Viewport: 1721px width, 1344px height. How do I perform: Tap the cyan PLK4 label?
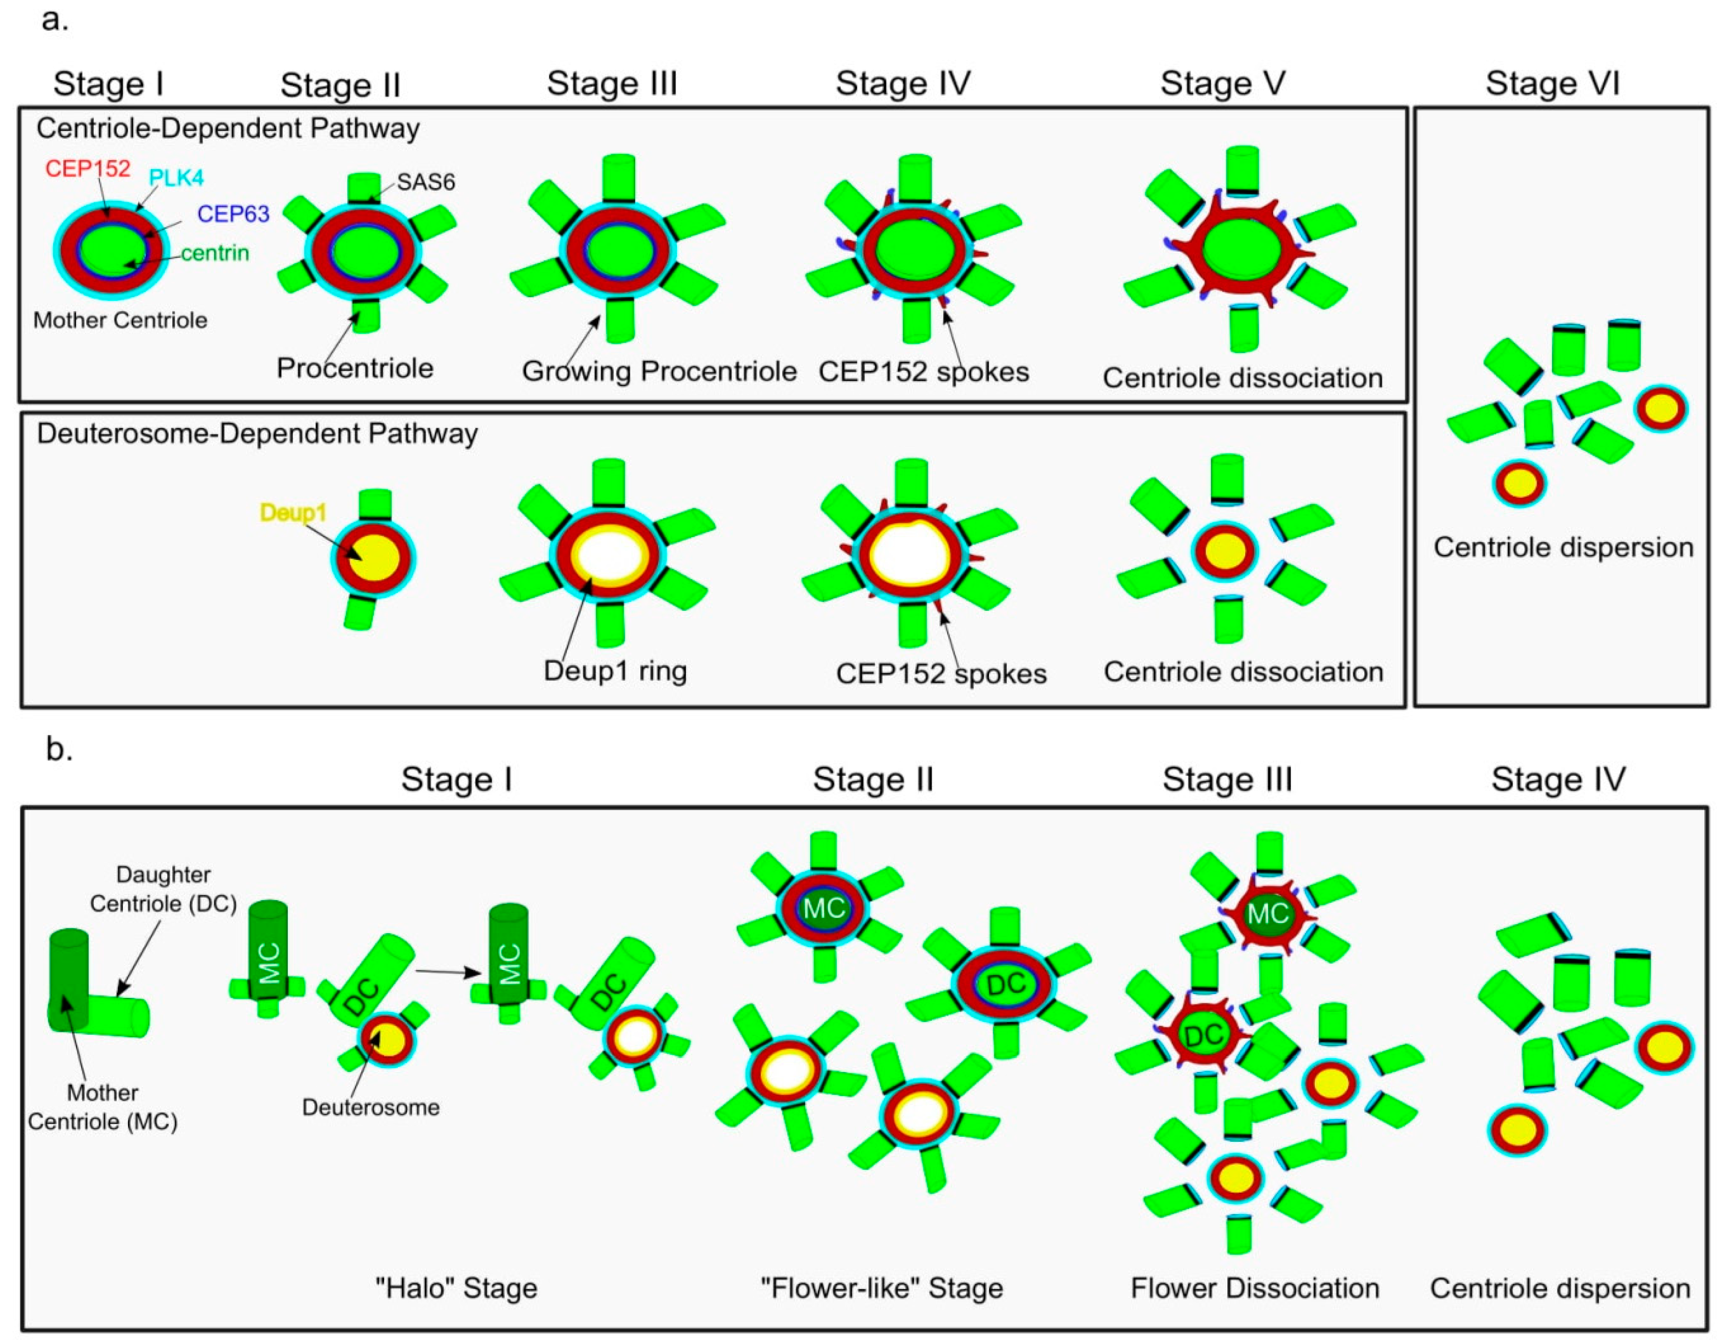tap(176, 178)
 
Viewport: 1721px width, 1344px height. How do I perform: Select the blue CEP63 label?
tap(233, 214)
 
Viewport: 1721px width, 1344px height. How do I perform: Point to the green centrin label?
tap(215, 253)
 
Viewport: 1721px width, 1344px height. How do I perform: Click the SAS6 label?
tap(426, 182)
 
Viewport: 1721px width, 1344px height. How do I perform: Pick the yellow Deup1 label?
tap(293, 512)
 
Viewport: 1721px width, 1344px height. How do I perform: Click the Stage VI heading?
tap(1552, 83)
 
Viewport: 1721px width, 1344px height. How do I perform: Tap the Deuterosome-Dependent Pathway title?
tap(257, 434)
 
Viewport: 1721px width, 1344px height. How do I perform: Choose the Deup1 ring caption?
tap(616, 671)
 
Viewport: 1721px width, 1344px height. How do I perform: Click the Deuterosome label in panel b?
tap(370, 1107)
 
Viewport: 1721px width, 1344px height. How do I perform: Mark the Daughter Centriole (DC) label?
tap(163, 889)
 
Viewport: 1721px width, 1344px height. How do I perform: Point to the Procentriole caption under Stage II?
tap(355, 368)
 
